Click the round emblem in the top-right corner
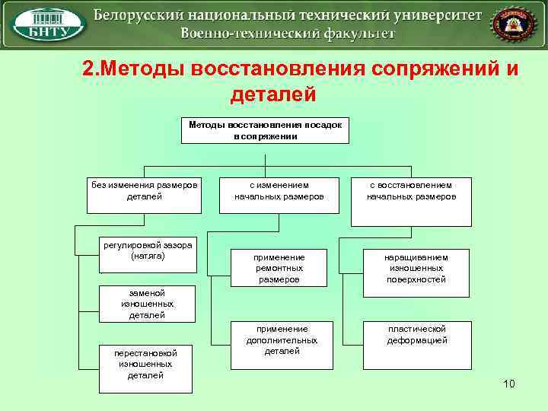click(508, 24)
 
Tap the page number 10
click(508, 384)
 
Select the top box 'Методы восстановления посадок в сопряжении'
click(265, 130)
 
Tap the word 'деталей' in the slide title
click(272, 94)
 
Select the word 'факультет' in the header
click(356, 33)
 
